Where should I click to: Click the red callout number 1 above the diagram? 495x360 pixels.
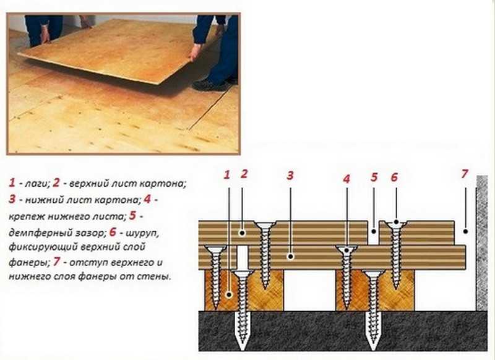click(x=226, y=175)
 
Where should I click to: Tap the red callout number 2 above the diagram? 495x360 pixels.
click(x=244, y=174)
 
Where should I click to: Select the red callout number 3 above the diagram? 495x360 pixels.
click(x=290, y=176)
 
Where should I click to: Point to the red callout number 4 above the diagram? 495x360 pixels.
click(x=346, y=179)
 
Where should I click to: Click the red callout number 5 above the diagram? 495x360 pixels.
click(x=374, y=178)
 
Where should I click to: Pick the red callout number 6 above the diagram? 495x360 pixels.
click(x=394, y=178)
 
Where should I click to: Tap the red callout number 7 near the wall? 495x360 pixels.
click(x=464, y=174)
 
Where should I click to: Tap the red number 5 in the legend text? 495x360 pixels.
click(x=132, y=215)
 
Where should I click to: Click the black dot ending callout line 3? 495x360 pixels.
click(x=291, y=257)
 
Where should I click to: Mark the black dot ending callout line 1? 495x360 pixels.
click(x=229, y=294)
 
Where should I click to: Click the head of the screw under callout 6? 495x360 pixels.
click(x=396, y=224)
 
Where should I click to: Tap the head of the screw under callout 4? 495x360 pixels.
click(x=346, y=249)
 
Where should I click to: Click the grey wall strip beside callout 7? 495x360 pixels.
click(x=482, y=243)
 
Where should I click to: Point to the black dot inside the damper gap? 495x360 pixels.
click(x=374, y=231)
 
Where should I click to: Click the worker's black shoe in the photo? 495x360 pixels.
click(x=209, y=85)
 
